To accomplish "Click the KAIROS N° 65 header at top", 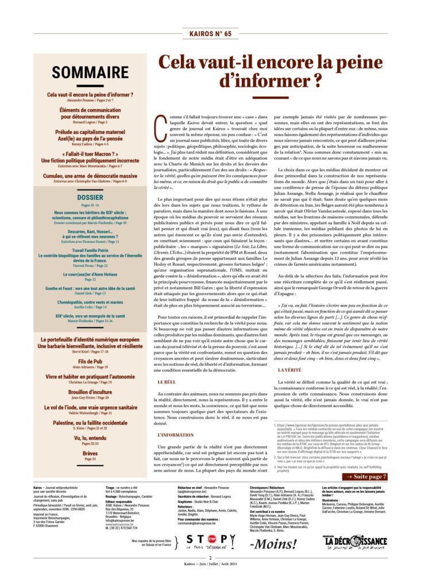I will (x=210, y=34).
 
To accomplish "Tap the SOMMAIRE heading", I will (x=90, y=72).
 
